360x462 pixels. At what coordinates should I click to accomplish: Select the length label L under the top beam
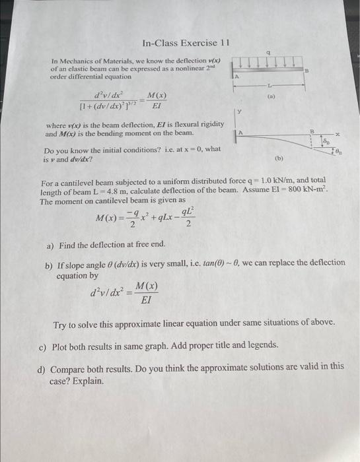click(x=269, y=85)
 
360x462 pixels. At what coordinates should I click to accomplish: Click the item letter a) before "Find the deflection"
click(x=50, y=246)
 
